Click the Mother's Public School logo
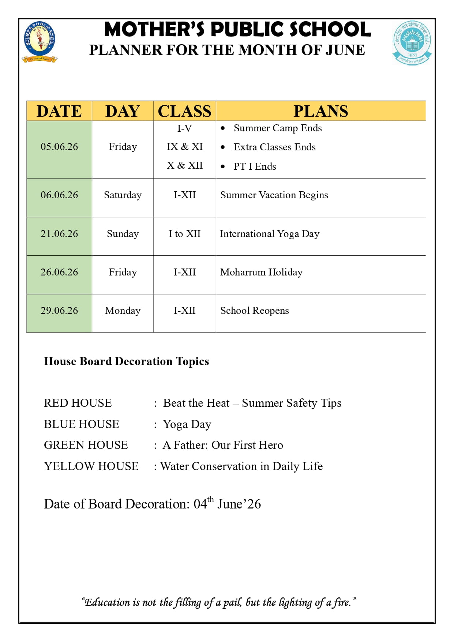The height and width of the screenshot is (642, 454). pyautogui.click(x=40, y=41)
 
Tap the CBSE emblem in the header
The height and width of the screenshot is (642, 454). pyautogui.click(x=412, y=42)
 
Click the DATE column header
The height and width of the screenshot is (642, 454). pyautogui.click(x=59, y=111)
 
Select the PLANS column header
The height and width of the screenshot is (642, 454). pyautogui.click(x=320, y=111)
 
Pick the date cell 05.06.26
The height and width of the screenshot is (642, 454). pyautogui.click(x=59, y=147)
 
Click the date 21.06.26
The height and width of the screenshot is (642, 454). pyautogui.click(x=59, y=234)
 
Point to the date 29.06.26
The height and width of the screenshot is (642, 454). pyautogui.click(x=59, y=311)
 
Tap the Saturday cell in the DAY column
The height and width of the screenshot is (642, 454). pyautogui.click(x=123, y=195)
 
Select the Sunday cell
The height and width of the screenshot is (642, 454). pyautogui.click(x=123, y=234)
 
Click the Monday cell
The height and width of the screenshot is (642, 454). pyautogui.click(x=123, y=311)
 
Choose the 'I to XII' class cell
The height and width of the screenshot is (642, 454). pyautogui.click(x=184, y=234)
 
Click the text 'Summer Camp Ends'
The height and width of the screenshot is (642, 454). pyautogui.click(x=278, y=128)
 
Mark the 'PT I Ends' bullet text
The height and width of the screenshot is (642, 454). pyautogui.click(x=255, y=166)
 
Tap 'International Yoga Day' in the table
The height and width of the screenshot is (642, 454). pyautogui.click(x=270, y=234)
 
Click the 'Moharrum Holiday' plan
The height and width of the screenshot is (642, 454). pyautogui.click(x=261, y=272)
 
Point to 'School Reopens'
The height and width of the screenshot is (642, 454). pyautogui.click(x=254, y=311)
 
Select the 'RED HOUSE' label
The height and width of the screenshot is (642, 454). pyautogui.click(x=78, y=403)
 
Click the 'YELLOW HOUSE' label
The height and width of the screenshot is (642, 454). pyautogui.click(x=91, y=466)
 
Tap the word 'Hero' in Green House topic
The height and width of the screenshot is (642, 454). pyautogui.click(x=271, y=445)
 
